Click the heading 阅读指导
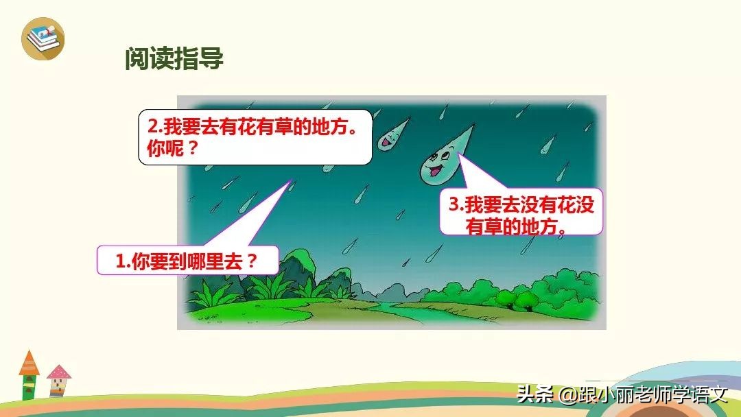(x=174, y=58)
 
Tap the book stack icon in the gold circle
(x=43, y=38)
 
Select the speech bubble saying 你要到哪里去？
(x=187, y=261)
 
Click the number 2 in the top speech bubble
(x=152, y=128)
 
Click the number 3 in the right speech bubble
(x=453, y=205)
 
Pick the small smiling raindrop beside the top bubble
(x=390, y=137)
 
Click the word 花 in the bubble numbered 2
(x=247, y=128)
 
